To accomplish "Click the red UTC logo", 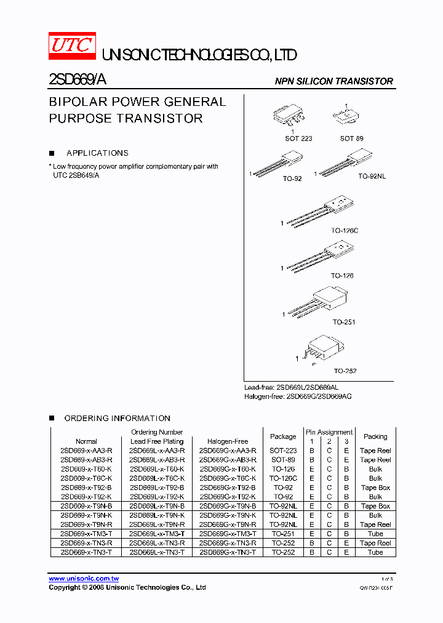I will tap(71, 46).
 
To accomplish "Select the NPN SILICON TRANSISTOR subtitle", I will tap(333, 81).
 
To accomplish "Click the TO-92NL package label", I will tap(372, 177).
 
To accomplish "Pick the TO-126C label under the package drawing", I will tap(344, 230).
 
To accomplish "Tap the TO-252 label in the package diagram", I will tap(345, 371).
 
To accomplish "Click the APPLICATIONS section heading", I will tap(97, 153).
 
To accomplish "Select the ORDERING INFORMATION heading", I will tap(117, 419).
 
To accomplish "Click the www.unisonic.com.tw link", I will tap(84, 579).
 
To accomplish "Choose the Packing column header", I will tap(375, 436).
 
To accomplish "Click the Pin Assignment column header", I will tap(329, 432).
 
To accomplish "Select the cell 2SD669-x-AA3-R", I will tap(86, 451).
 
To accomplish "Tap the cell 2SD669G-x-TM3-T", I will tap(228, 534).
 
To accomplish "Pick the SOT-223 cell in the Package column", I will tap(283, 451).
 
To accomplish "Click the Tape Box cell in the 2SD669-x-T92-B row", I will tap(375, 488).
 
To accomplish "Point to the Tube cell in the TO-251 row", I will tap(375, 534).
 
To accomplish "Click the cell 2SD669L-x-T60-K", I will tap(157, 469).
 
